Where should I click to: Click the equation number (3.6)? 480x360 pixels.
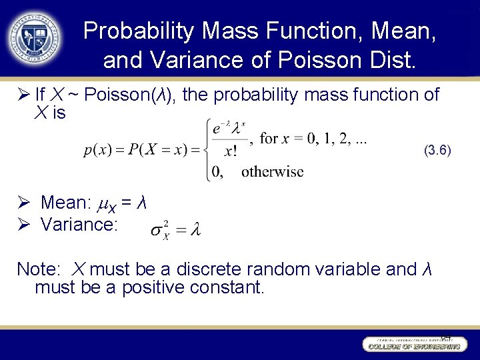437,151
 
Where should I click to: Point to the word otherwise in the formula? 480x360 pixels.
272,172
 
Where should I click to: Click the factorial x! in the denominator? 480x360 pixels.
230,152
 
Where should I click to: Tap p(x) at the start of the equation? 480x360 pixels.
98,150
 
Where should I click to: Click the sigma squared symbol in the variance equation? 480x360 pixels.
159,231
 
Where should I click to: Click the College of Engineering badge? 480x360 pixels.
413,345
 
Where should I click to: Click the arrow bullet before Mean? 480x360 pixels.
22,202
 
